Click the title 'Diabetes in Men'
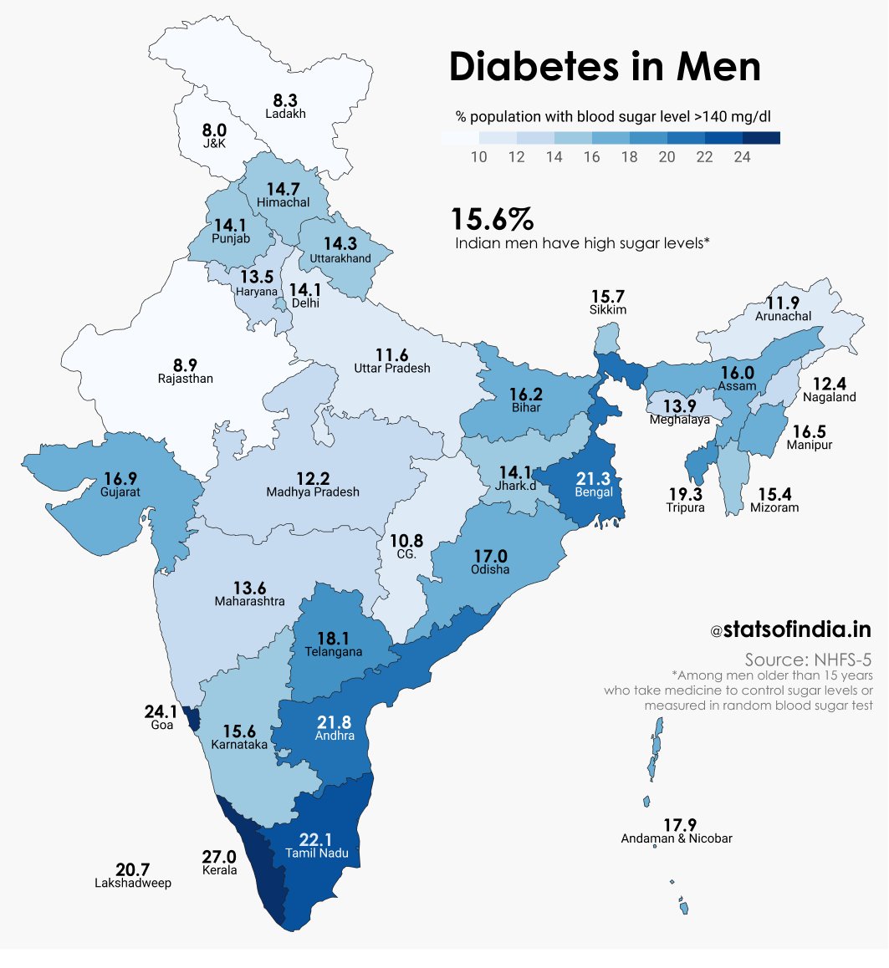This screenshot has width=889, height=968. point(605,68)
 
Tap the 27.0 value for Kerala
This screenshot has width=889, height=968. point(219,857)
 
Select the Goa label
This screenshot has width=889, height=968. point(162,726)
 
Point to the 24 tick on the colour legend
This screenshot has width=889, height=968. point(742,157)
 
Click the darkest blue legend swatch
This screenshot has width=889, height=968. point(761,138)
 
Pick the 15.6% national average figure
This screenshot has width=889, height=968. point(492,220)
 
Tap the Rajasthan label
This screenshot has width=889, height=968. point(185,379)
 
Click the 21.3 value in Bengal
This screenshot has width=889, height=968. point(594,478)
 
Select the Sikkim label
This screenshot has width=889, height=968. point(607,309)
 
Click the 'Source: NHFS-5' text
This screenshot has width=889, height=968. point(809,659)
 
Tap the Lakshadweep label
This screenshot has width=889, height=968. point(133,884)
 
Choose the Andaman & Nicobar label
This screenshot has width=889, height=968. point(677,838)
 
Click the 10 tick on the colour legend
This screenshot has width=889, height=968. point(478,157)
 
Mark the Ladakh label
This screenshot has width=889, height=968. point(285,114)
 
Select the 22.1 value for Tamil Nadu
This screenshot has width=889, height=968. point(316,839)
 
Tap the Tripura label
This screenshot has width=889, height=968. point(685,507)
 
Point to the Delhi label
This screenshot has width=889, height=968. point(304,303)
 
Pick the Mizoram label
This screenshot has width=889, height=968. point(774,507)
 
